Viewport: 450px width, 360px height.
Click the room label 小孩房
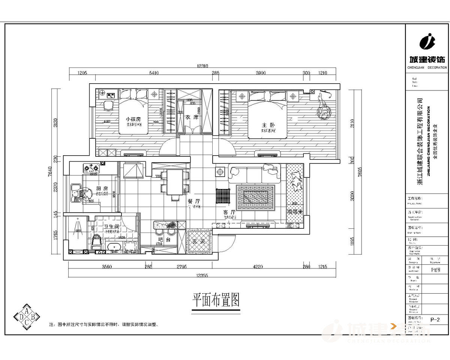[x=133, y=119]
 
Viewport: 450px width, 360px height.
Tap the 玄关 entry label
[x=199, y=241]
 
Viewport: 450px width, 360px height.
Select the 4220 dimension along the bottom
[x=258, y=267]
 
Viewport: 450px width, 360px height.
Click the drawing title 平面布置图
[x=216, y=300]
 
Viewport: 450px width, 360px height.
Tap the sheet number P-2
[x=435, y=320]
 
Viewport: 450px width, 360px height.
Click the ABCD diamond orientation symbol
[x=27, y=317]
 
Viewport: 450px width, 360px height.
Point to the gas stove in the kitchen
[x=93, y=168]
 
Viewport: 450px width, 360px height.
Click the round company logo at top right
[x=426, y=41]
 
